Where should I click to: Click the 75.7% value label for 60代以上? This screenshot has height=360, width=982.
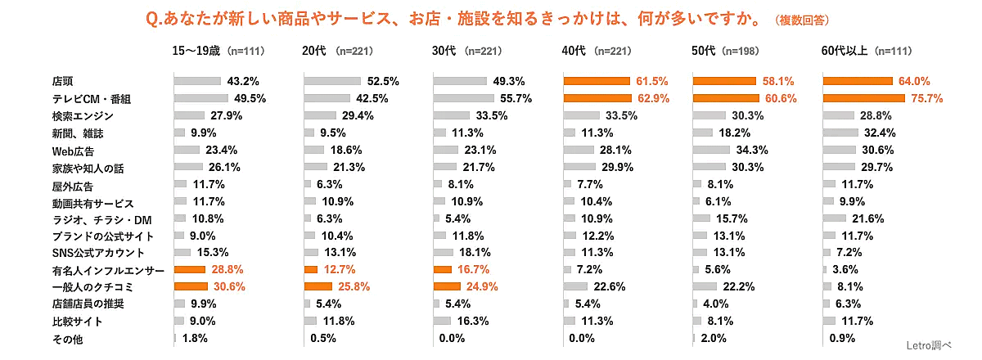tap(926, 98)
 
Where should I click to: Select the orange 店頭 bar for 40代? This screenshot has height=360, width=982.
tap(596, 81)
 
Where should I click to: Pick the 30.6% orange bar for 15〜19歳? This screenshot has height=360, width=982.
tap(190, 286)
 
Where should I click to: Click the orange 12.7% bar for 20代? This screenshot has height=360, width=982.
tap(309, 269)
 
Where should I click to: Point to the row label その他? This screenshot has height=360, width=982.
tap(63, 338)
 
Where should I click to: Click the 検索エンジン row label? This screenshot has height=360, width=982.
tap(79, 115)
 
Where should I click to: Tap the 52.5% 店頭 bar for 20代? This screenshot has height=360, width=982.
tap(332, 81)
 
